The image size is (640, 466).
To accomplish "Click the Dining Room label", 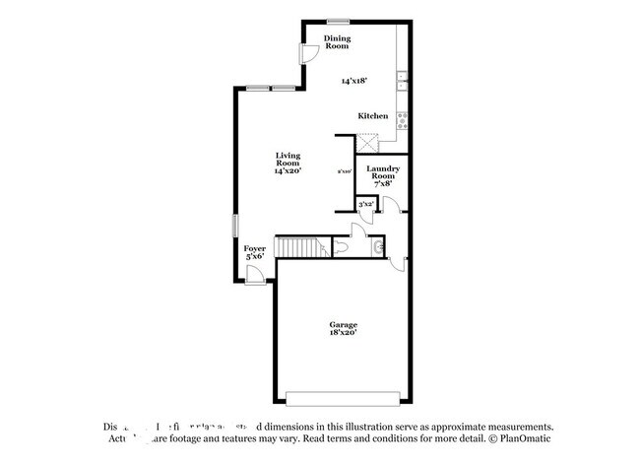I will pos(338,42).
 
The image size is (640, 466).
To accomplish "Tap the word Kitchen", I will pos(372,116).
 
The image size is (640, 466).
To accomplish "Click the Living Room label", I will pos(288,159).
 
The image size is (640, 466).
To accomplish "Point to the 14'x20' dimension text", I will pos(288,171).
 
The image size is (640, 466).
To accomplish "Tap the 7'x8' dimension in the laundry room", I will pos(382,184).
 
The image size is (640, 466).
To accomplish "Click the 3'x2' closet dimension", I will pos(365,204).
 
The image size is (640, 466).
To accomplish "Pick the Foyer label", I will pos(255,248).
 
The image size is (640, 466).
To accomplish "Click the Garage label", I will pos(343,324).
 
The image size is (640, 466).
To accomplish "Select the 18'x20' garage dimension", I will pos(343,333).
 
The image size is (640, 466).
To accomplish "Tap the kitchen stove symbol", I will pos(402,120).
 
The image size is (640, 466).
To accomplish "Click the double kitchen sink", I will pos(402,83).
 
